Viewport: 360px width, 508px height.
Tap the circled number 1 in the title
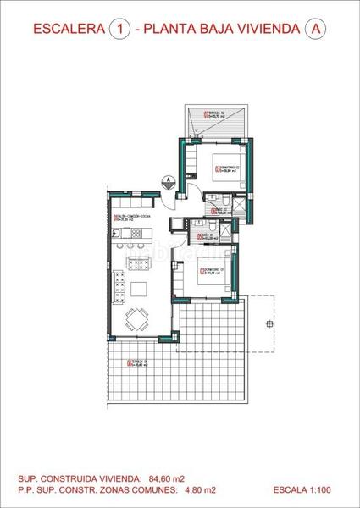point(119,29)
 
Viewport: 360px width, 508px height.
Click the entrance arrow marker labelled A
point(169,180)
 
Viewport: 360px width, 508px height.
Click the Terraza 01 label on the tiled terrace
point(137,365)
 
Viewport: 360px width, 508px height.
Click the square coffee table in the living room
point(140,288)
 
